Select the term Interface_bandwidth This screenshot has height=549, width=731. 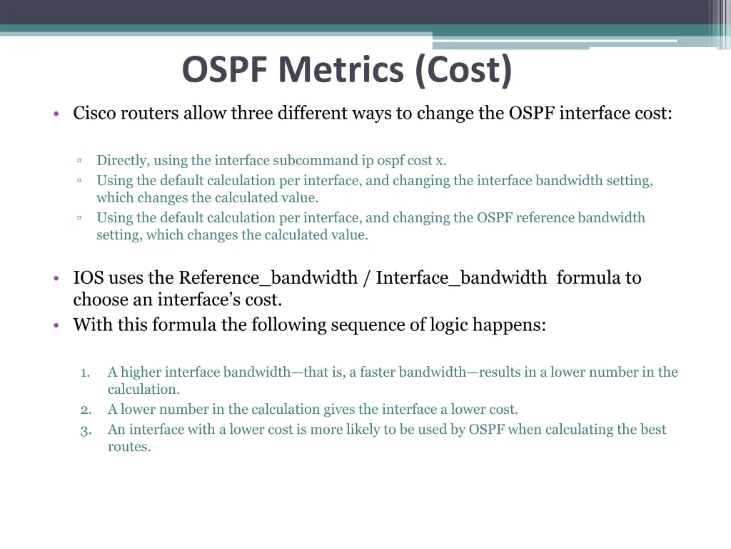tap(461, 278)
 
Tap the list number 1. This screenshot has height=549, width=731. tap(85, 372)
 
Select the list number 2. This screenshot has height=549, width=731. tap(86, 410)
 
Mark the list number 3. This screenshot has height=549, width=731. tap(86, 430)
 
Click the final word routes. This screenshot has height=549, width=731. tap(129, 447)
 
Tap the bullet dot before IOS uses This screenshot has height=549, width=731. tap(55, 279)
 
